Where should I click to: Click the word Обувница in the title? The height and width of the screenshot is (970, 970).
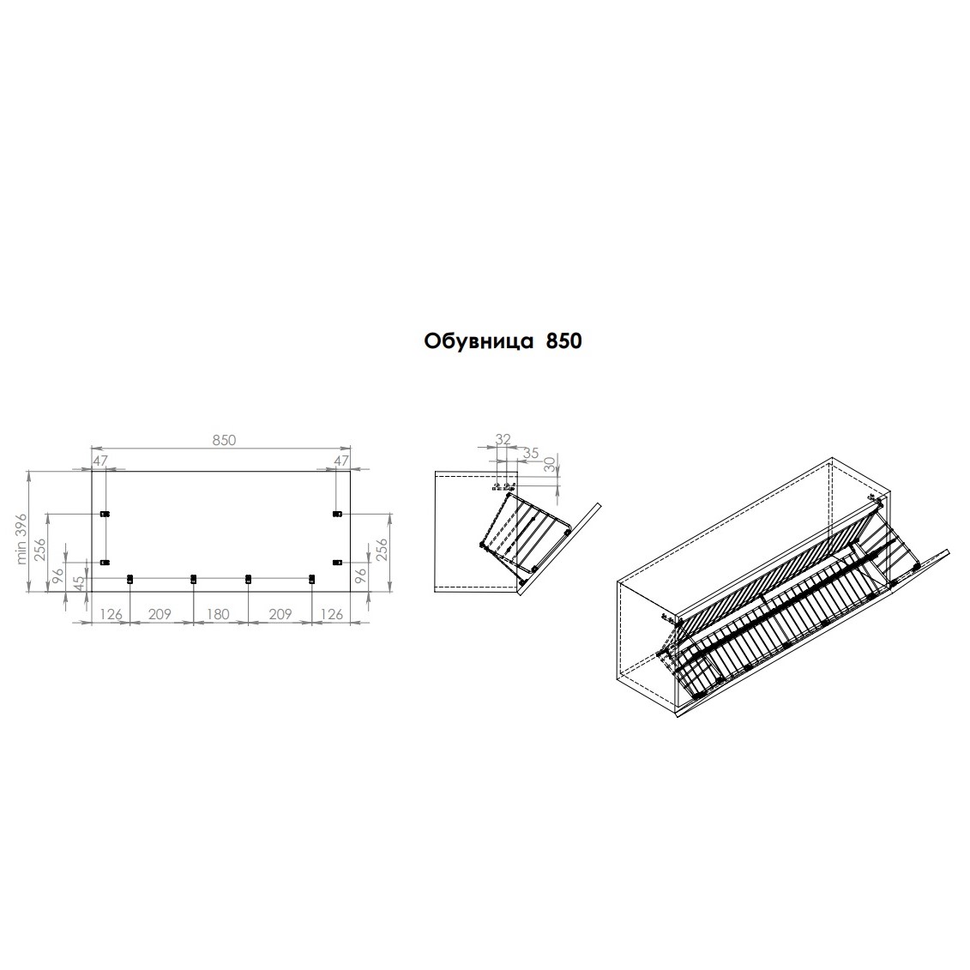[479, 341]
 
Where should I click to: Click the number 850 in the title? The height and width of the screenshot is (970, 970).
[564, 340]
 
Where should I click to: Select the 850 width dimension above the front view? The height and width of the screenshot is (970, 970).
[224, 440]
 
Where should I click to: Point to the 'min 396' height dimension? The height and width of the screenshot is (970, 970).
[21, 539]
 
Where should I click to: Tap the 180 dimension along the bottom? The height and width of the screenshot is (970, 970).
[217, 614]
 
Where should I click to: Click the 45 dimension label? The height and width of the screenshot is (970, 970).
[80, 582]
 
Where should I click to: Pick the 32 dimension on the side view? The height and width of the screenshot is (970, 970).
[503, 438]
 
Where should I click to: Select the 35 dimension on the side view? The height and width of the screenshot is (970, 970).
[530, 452]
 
